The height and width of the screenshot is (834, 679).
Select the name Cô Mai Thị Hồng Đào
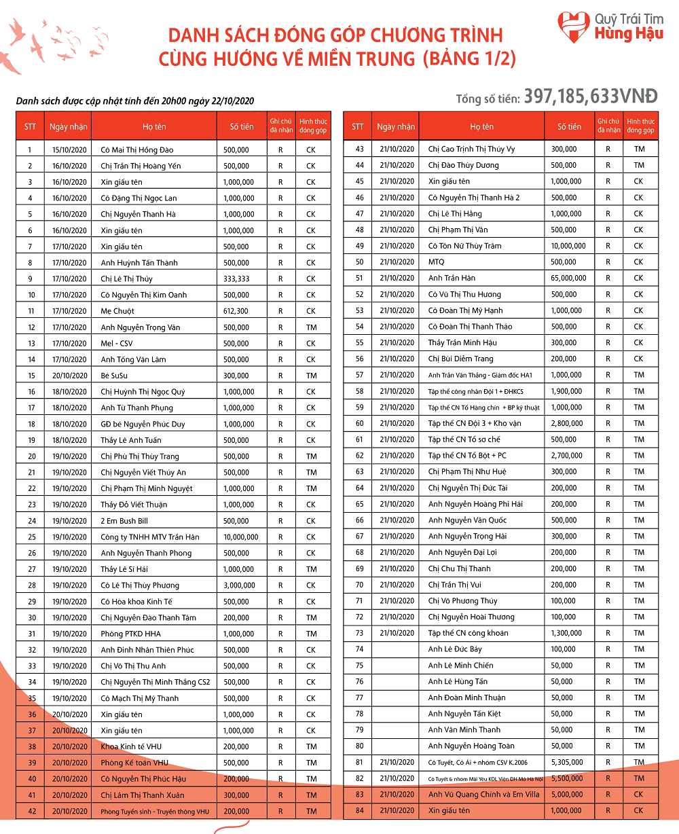pyautogui.click(x=137, y=149)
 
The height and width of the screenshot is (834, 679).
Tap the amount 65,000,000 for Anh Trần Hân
pyautogui.click(x=569, y=278)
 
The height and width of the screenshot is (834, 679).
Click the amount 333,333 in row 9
pyautogui.click(x=236, y=278)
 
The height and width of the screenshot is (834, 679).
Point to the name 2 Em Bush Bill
pyautogui.click(x=124, y=521)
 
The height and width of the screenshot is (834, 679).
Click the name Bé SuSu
pyautogui.click(x=114, y=376)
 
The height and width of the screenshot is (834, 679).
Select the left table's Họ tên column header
pyautogui.click(x=154, y=126)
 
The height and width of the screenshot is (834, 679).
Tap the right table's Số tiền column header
pyautogui.click(x=569, y=126)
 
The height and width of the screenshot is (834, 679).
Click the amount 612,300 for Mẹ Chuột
pyautogui.click(x=236, y=311)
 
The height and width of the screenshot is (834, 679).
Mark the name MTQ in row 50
pyautogui.click(x=437, y=262)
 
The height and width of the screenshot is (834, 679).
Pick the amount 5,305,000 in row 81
pyautogui.click(x=569, y=762)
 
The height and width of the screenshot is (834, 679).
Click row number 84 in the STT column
pyautogui.click(x=359, y=810)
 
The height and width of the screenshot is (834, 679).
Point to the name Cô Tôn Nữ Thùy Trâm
pyautogui.click(x=464, y=246)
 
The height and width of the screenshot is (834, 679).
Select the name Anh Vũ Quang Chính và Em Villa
pyautogui.click(x=483, y=794)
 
